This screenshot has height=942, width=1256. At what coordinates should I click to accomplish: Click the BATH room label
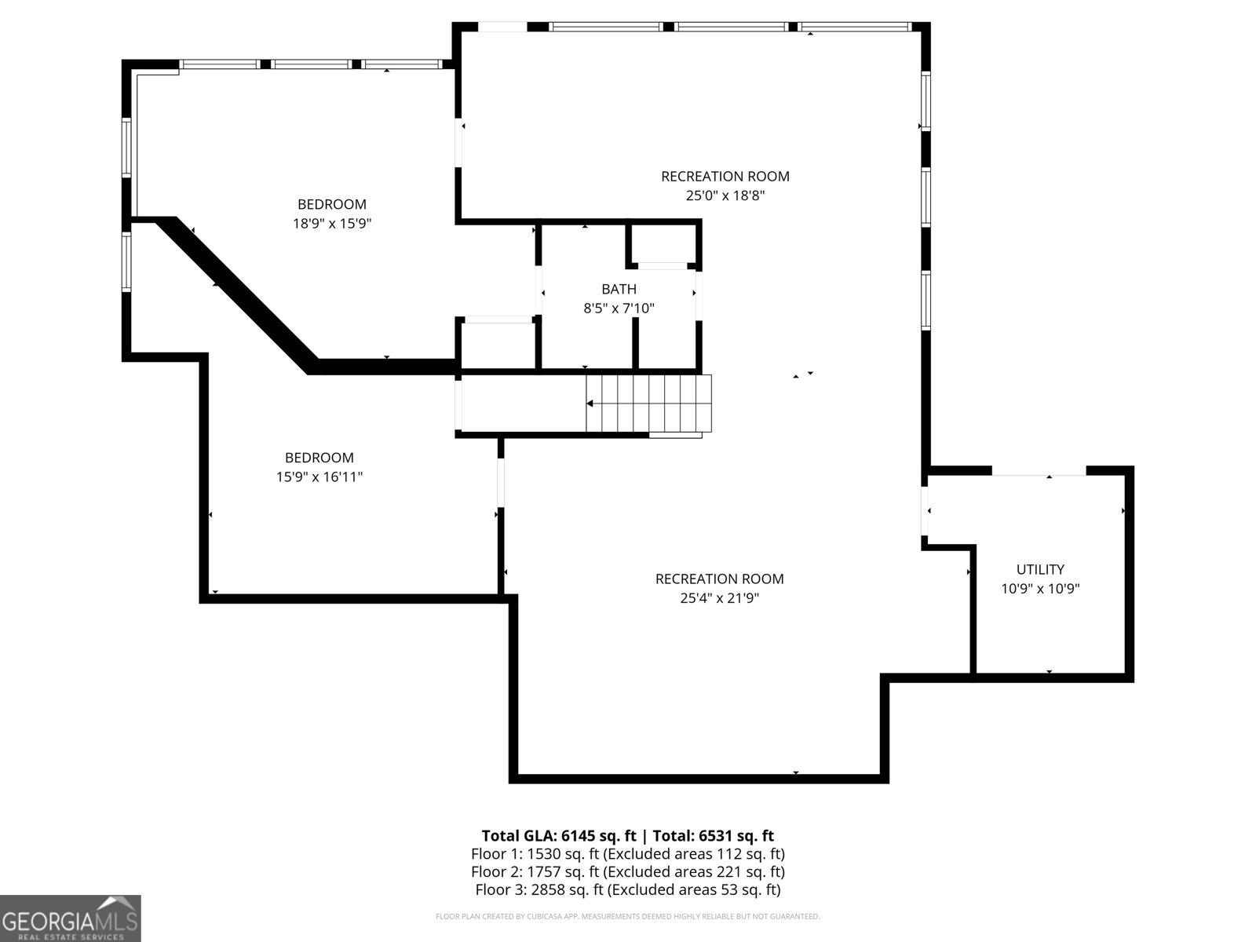[x=619, y=289]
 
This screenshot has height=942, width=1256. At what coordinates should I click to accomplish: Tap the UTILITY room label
[x=1040, y=569]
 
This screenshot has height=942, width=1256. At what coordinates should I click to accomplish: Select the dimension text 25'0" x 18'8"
[x=725, y=195]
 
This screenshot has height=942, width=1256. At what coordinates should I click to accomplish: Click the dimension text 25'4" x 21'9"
[x=719, y=598]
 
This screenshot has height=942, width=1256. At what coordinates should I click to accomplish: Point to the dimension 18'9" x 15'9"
[x=331, y=224]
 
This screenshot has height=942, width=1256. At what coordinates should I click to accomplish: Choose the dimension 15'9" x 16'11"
[x=319, y=476]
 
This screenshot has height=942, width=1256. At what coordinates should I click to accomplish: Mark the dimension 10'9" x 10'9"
[x=1040, y=589]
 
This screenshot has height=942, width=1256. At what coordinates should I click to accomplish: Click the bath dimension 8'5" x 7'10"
[x=619, y=309]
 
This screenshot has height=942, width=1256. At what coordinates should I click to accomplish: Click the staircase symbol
[x=649, y=403]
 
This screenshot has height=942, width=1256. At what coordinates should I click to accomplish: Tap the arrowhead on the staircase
[x=590, y=403]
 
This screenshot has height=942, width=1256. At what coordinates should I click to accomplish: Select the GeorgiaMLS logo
[x=70, y=918]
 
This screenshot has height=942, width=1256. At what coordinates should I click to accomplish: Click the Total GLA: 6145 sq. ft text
[x=557, y=835]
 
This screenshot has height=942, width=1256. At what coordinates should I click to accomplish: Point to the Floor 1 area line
[x=627, y=853]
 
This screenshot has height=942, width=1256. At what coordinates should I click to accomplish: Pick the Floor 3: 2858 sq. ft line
[x=627, y=889]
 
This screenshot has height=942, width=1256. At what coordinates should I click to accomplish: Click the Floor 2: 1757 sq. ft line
[x=627, y=871]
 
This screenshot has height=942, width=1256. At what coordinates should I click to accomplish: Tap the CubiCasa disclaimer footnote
[x=627, y=916]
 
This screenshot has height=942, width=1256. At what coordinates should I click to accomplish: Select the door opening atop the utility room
[x=1039, y=471]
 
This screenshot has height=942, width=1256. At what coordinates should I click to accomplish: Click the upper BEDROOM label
[x=331, y=204]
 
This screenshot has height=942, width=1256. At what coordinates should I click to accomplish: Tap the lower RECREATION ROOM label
[x=719, y=579]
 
